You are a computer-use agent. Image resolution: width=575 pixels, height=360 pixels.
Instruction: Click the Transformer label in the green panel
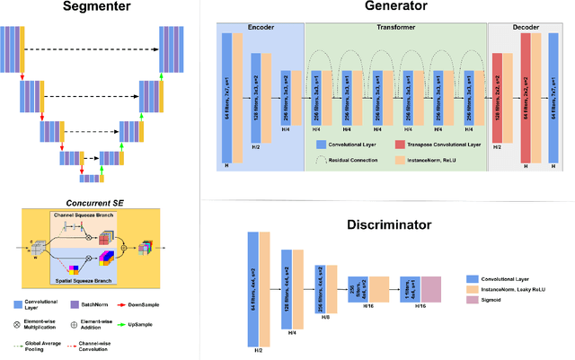(x=395, y=28)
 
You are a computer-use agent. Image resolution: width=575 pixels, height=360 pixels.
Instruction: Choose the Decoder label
(x=527, y=28)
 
